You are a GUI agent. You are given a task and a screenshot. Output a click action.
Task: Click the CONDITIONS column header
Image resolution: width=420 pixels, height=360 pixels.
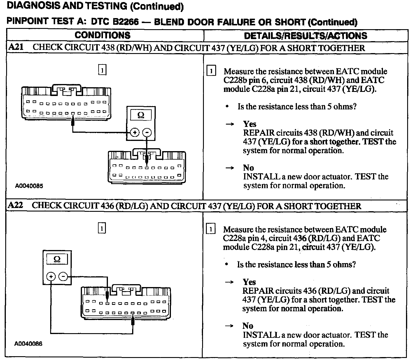coord(102,35)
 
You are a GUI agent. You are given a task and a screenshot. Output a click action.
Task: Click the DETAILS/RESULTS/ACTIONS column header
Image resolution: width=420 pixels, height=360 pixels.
coord(305,36)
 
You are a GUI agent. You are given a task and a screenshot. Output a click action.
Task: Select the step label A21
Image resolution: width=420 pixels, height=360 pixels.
coord(16,47)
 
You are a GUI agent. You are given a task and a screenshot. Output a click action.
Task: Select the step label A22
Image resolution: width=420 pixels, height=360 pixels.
coord(15,205)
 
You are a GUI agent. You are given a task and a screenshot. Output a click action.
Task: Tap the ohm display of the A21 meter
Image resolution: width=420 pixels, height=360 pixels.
coord(141,115)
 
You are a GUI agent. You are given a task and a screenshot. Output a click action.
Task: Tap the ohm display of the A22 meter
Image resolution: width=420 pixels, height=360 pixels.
coord(57,259)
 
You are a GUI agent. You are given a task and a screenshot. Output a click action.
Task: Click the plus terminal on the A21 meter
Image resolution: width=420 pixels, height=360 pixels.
coord(134,133)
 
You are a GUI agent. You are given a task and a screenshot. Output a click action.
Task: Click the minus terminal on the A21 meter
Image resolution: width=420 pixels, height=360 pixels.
coord(147,133)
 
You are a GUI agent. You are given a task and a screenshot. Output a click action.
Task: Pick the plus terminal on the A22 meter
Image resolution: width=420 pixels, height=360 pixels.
coord(51,276)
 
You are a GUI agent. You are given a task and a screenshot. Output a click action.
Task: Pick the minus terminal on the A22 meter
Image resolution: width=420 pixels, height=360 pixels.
coord(63,276)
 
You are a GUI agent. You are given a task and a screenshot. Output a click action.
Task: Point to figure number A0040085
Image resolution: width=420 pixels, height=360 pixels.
coord(29,186)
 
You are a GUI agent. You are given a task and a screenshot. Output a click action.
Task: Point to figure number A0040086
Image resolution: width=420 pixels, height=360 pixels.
coord(28,344)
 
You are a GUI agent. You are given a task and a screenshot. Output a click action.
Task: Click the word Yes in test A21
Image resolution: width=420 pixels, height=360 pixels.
coord(250,124)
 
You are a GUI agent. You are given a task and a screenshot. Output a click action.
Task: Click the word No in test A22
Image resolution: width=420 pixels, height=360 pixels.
coord(248,326)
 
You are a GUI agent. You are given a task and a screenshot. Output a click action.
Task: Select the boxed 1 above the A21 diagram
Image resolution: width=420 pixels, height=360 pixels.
coord(102,70)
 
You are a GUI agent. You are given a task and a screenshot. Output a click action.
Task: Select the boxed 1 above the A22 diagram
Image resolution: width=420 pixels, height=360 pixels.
coord(101,228)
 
